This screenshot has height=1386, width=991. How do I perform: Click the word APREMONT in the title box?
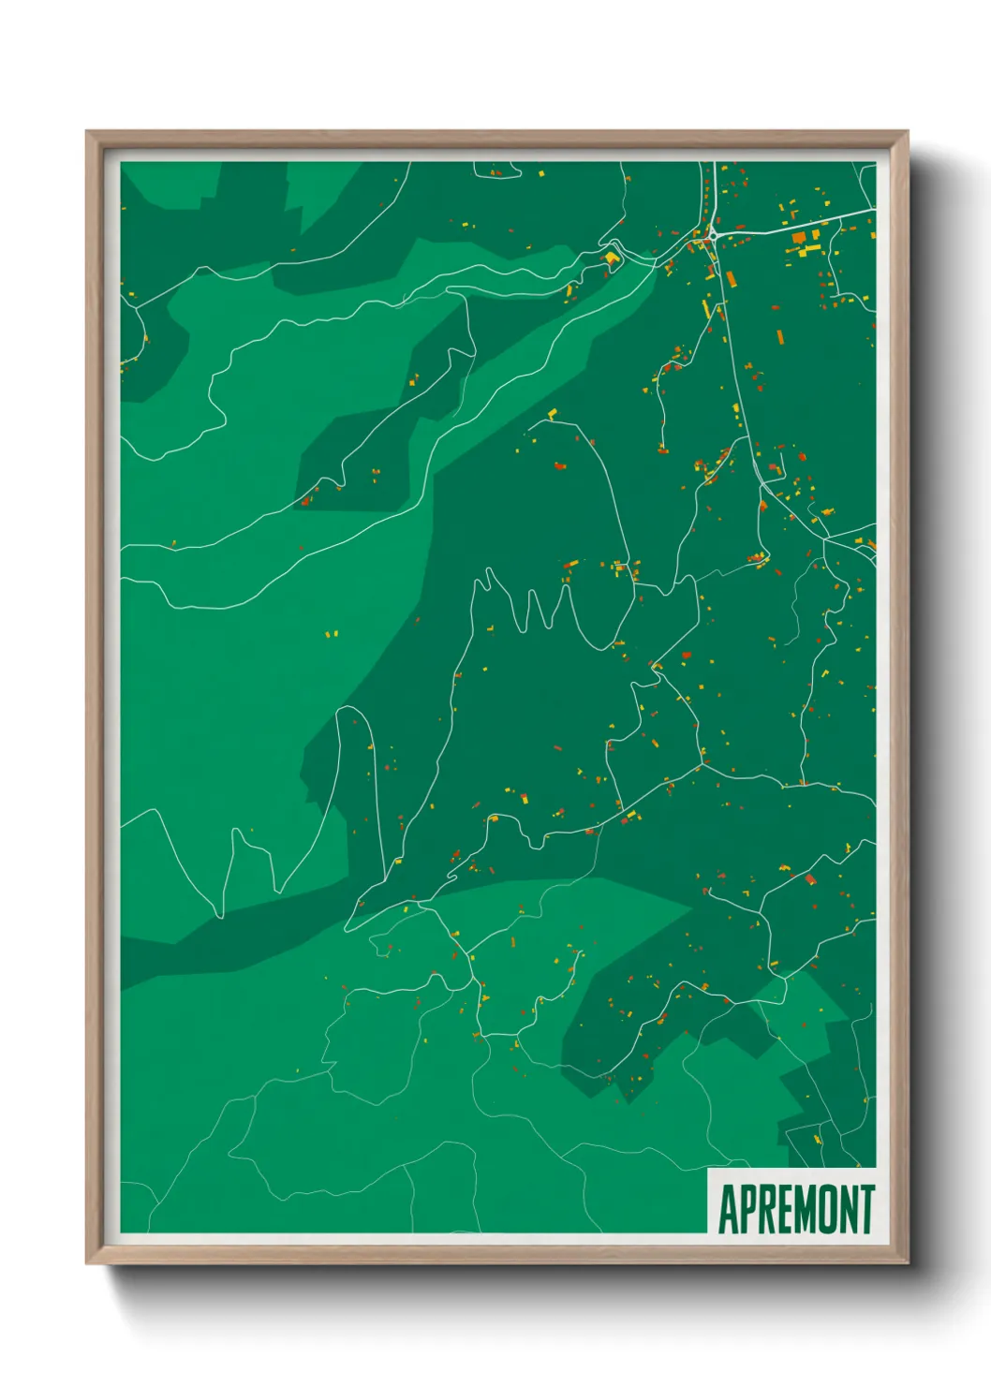point(795,1209)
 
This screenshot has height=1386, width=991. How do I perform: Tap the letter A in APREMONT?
point(728,1209)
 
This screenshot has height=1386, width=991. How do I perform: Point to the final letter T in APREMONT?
point(866,1209)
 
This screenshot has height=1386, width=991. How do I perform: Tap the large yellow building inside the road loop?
point(612,256)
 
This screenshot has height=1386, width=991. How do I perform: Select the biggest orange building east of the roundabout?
point(799,239)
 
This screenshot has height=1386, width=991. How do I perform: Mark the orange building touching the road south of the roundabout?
point(731,278)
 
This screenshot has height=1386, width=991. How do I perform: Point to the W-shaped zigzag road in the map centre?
point(534,609)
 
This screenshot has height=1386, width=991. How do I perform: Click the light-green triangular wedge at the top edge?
point(323,187)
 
